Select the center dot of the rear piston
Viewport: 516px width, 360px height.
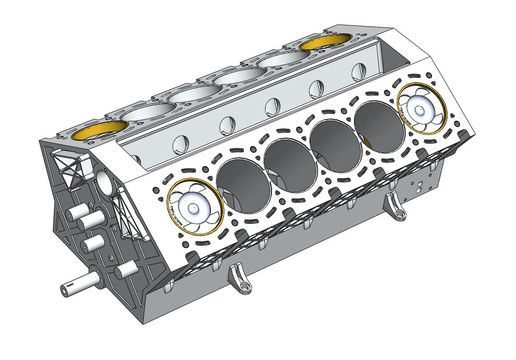coord(419,108)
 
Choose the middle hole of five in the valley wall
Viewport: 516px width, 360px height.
coord(272,105)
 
